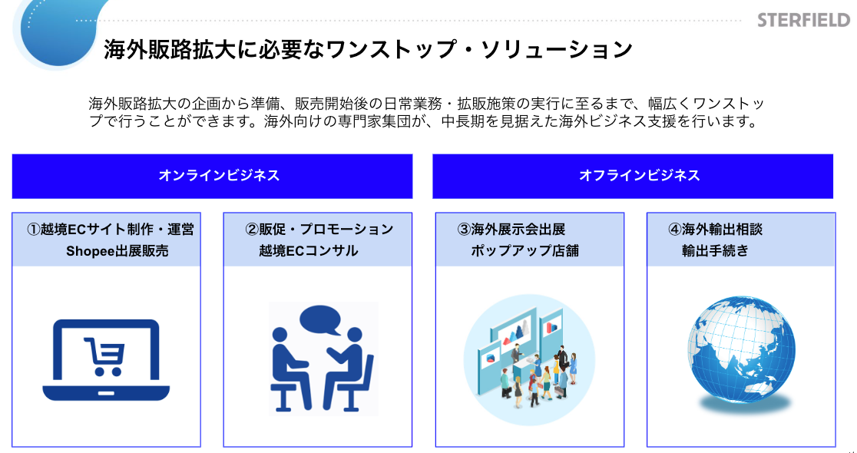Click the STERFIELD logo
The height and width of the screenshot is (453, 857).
(802, 19)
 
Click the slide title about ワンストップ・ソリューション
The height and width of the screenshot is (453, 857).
(368, 50)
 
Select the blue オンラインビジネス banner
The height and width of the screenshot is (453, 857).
(212, 176)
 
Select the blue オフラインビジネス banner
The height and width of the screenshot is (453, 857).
(632, 176)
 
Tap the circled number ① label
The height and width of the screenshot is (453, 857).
(33, 230)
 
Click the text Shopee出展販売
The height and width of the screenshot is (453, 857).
(117, 250)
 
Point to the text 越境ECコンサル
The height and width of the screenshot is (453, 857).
(308, 250)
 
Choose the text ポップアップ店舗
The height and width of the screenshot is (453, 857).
(524, 250)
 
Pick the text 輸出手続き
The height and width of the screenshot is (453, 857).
(714, 250)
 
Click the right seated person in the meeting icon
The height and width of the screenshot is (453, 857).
(349, 369)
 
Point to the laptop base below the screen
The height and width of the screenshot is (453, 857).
(106, 392)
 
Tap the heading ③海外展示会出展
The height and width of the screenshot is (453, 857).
(511, 230)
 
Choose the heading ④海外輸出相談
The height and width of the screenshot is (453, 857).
(715, 230)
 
